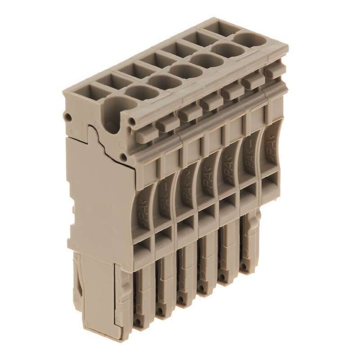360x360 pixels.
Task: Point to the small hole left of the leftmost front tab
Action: (134, 120)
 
